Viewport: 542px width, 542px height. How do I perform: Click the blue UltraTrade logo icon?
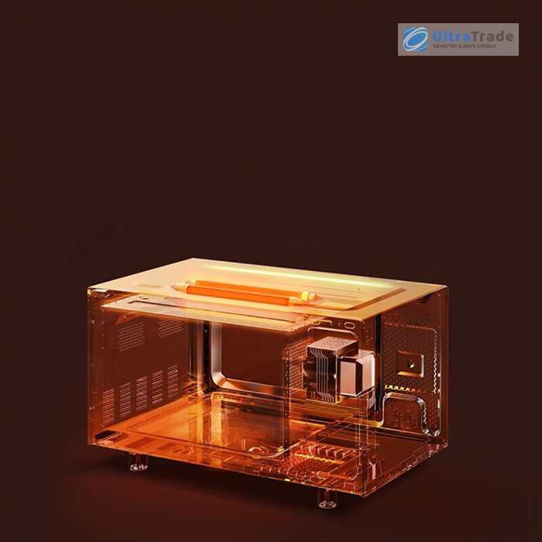(415, 39)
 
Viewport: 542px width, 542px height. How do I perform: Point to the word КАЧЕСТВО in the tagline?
(445, 46)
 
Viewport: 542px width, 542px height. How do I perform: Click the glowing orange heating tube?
(246, 293)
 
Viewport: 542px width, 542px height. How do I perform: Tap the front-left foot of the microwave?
(139, 462)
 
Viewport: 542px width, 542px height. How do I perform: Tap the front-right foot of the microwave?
(327, 498)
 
